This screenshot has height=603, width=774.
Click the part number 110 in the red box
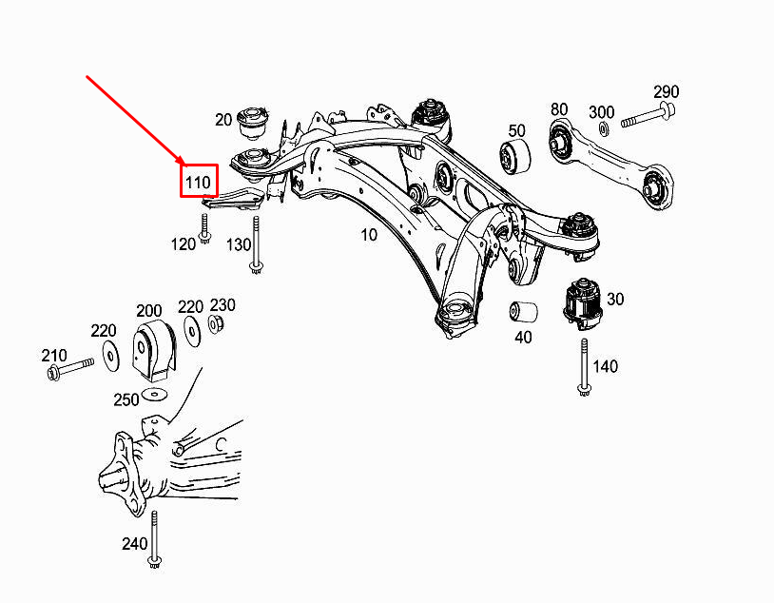(199, 181)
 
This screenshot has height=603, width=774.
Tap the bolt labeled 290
(648, 118)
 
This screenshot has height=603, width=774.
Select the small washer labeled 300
(603, 127)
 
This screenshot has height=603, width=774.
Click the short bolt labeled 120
(204, 228)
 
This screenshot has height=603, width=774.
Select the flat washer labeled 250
(152, 394)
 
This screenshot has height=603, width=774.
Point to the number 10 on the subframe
(368, 234)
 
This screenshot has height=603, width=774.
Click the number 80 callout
(558, 108)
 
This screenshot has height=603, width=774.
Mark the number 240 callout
(134, 544)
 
